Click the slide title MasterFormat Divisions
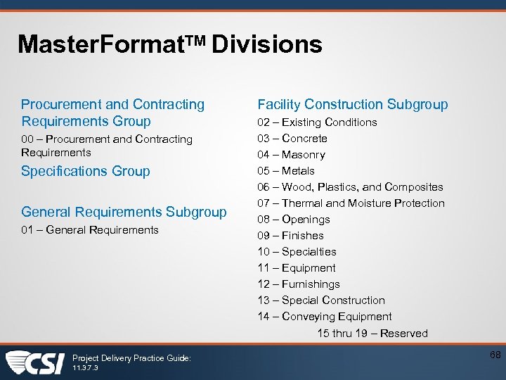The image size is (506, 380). (169, 45)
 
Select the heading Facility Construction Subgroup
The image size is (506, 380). (352, 105)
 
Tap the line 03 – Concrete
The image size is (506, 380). (292, 139)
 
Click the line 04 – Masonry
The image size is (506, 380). (291, 155)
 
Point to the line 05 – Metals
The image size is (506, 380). (286, 171)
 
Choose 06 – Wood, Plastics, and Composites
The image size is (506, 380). (350, 187)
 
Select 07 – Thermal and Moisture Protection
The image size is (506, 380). (351, 203)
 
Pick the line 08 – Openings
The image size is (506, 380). (294, 220)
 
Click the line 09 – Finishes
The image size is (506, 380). (290, 236)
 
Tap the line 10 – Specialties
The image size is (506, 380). (297, 252)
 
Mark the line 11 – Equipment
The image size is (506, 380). (297, 268)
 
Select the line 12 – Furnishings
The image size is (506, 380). (299, 284)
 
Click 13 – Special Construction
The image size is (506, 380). (321, 300)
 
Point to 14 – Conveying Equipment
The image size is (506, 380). (325, 317)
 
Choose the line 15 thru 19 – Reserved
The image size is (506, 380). (372, 334)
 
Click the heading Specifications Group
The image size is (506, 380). (86, 171)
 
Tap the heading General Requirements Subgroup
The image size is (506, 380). (124, 212)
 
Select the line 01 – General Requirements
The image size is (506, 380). (90, 229)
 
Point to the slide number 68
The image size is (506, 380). (495, 355)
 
